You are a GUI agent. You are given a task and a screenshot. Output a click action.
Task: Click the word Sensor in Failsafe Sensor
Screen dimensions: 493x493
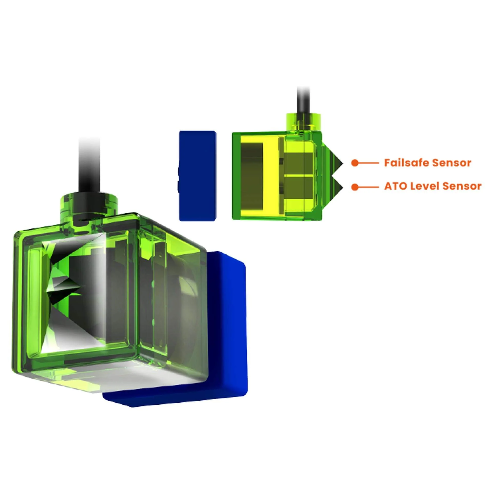coord(452,163)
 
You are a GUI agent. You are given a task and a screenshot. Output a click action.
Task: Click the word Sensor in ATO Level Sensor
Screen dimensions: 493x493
coord(462,186)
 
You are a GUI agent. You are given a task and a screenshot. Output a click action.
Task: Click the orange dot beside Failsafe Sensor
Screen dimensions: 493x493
coord(355,163)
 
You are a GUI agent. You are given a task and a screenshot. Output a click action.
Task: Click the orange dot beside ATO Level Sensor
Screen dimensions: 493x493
coord(355,187)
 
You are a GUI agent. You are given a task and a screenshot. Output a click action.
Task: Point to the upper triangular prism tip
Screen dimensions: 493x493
coord(343,163)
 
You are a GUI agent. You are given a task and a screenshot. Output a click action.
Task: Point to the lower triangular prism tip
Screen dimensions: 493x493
coord(343,187)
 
